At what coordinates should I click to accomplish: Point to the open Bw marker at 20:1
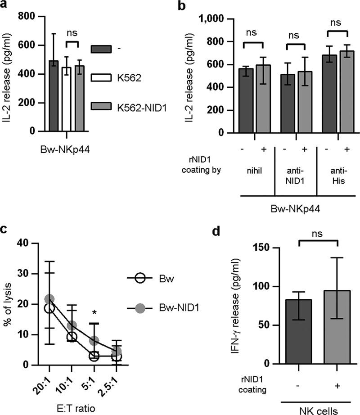tap(49, 308)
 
